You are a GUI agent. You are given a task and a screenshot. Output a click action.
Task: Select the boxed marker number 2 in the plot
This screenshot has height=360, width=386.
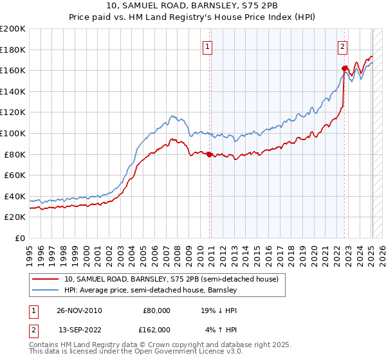point(343,46)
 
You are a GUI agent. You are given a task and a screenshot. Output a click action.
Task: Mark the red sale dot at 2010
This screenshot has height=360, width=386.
point(210,154)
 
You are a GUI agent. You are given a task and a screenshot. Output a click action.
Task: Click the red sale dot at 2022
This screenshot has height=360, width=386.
point(344,68)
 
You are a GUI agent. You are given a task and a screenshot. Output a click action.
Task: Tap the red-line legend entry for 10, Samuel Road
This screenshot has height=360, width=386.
point(170,279)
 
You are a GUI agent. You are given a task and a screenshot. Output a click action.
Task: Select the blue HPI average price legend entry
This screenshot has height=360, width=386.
point(151,291)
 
